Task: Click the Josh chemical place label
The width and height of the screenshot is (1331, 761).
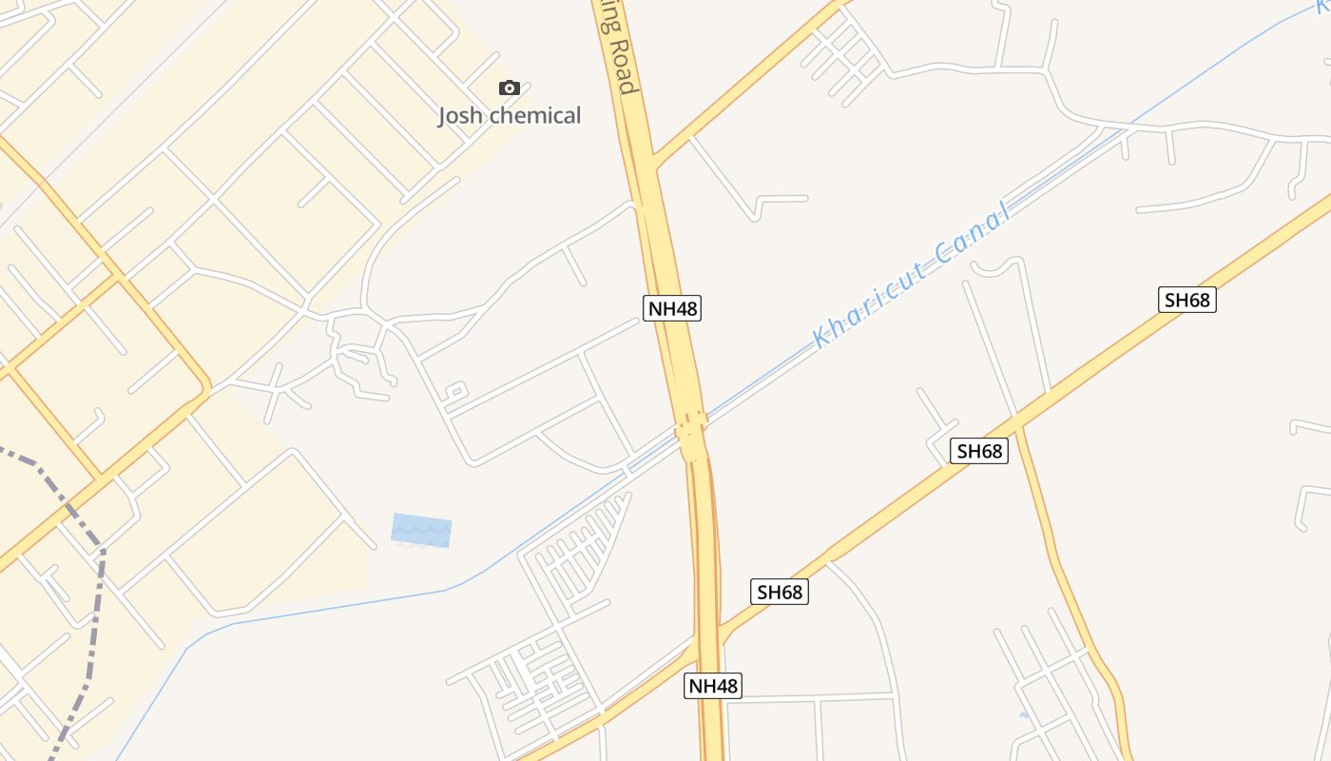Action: coord(509,116)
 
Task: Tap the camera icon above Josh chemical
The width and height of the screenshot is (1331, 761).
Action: coord(510,88)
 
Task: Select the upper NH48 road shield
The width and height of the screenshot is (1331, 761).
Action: coord(672,308)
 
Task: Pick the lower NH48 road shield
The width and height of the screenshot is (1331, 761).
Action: coord(712,686)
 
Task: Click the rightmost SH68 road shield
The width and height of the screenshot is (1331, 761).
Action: coord(1187,301)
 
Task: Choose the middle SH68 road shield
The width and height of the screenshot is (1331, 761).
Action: coord(980,451)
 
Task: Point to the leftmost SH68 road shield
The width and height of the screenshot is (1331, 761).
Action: coord(780,592)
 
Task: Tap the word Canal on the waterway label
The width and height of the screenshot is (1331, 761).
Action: coord(971,234)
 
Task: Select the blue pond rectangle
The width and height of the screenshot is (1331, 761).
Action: coord(421,530)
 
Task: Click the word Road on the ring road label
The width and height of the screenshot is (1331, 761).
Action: coord(621,67)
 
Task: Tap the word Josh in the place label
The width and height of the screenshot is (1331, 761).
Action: coord(461,116)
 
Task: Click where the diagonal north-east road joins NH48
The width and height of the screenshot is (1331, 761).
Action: coord(654,159)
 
